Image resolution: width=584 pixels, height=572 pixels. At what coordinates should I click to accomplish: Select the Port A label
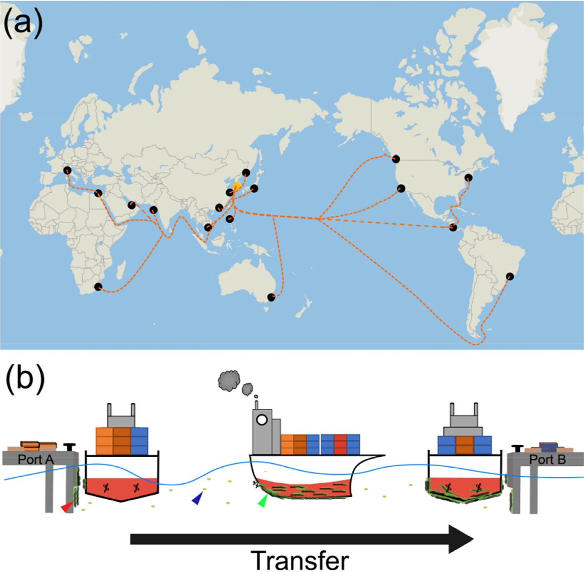[36, 459]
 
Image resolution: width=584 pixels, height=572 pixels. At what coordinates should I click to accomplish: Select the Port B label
[547, 459]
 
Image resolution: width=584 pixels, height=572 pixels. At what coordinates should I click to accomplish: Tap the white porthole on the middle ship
[262, 420]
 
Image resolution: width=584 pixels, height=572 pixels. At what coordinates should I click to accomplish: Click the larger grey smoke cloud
[229, 380]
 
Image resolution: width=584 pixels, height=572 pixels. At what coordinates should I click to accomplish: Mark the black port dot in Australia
[271, 297]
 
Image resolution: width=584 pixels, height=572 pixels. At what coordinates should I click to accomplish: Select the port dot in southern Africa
[98, 287]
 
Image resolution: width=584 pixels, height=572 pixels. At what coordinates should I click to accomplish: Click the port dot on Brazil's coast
[510, 276]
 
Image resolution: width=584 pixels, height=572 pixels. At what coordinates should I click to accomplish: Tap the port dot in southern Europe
[67, 170]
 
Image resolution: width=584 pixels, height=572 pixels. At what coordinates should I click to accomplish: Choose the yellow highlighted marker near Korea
[237, 186]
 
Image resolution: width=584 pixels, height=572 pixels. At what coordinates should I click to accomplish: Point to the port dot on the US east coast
[468, 177]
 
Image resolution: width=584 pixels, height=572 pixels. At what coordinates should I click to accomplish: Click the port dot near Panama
[453, 227]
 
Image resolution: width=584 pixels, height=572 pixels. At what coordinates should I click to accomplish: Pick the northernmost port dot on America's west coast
[396, 159]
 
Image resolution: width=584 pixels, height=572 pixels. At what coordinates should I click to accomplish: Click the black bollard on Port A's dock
[70, 447]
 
